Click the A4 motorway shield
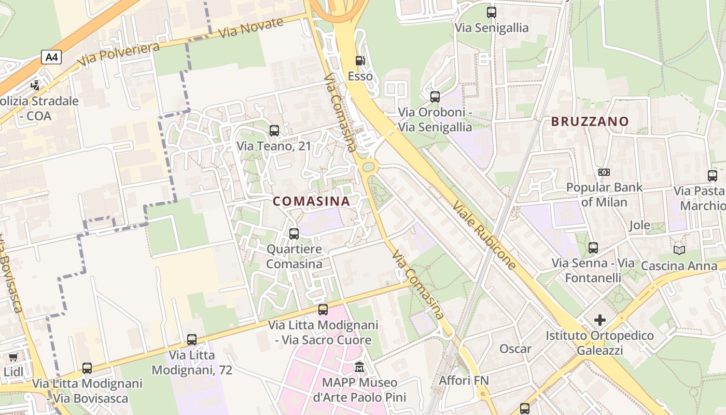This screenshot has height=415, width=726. pyautogui.click(x=51, y=57)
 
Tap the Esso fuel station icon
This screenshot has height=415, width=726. pyautogui.click(x=360, y=61)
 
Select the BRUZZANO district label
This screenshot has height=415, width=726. pyautogui.click(x=590, y=121)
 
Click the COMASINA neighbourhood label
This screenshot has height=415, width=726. pyautogui.click(x=311, y=201)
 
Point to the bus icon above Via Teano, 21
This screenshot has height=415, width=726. pyautogui.click(x=274, y=131)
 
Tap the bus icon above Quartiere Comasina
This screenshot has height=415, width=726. pyautogui.click(x=294, y=233)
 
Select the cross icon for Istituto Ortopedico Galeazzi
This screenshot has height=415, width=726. pyautogui.click(x=599, y=320)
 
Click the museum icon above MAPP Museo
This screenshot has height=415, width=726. pyautogui.click(x=359, y=367)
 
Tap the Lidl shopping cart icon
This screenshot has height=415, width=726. pyautogui.click(x=13, y=357)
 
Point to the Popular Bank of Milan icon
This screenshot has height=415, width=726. pyautogui.click(x=604, y=172)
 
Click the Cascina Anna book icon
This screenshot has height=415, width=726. pyautogui.click(x=679, y=251)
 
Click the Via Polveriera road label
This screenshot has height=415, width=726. pyautogui.click(x=119, y=54)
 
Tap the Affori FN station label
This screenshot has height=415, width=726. pyautogui.click(x=464, y=380)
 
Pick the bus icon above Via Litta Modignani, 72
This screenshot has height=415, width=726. pyautogui.click(x=192, y=340)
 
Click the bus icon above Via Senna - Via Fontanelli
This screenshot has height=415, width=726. pyautogui.click(x=593, y=248)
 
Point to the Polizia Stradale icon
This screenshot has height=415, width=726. pyautogui.click(x=35, y=85)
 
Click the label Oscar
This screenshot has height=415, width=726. pyautogui.click(x=515, y=349)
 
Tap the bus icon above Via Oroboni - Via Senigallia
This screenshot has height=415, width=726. pyautogui.click(x=435, y=96)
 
